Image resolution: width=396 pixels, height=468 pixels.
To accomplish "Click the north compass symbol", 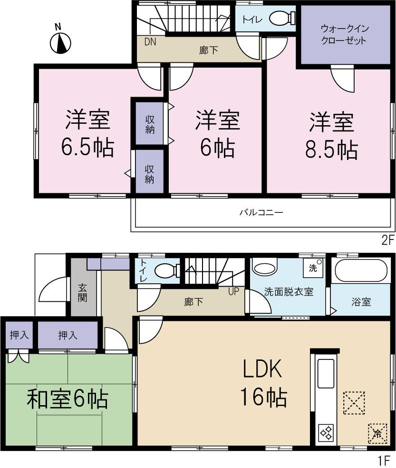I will [60, 43].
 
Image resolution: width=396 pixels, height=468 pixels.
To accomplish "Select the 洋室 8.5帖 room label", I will [332, 136].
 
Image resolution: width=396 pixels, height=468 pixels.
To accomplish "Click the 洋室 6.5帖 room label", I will [87, 134].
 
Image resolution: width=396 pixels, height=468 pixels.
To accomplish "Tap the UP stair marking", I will [233, 291].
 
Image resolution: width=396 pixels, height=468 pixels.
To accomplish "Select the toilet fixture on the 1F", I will [165, 271].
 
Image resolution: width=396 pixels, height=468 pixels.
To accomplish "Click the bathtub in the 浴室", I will [359, 271].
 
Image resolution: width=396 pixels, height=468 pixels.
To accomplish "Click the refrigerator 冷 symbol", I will [377, 433].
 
